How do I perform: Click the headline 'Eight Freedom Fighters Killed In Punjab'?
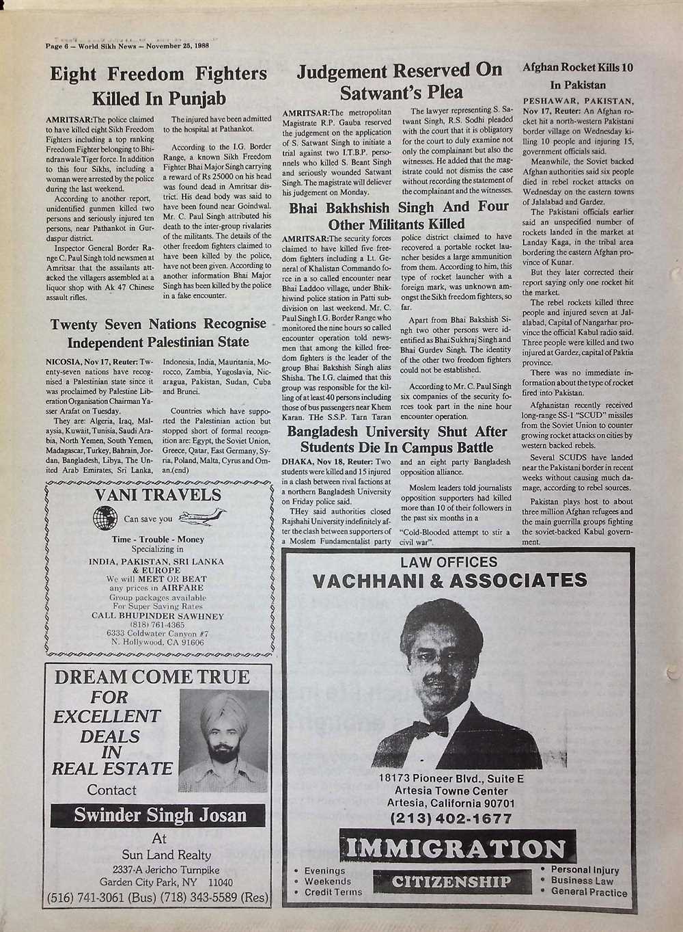pyautogui.click(x=158, y=85)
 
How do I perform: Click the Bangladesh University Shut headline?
pyautogui.click(x=397, y=440)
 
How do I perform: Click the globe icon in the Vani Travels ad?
pyautogui.click(x=105, y=518)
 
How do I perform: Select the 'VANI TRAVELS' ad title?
pyautogui.click(x=158, y=495)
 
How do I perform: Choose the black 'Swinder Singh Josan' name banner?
pyautogui.click(x=160, y=815)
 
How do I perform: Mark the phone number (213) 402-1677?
pyautogui.click(x=450, y=818)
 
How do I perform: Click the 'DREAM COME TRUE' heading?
pyautogui.click(x=152, y=677)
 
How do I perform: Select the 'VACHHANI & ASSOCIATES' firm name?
pyautogui.click(x=449, y=581)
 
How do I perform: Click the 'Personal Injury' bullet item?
pyautogui.click(x=584, y=870)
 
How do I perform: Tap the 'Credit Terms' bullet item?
pyautogui.click(x=333, y=892)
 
